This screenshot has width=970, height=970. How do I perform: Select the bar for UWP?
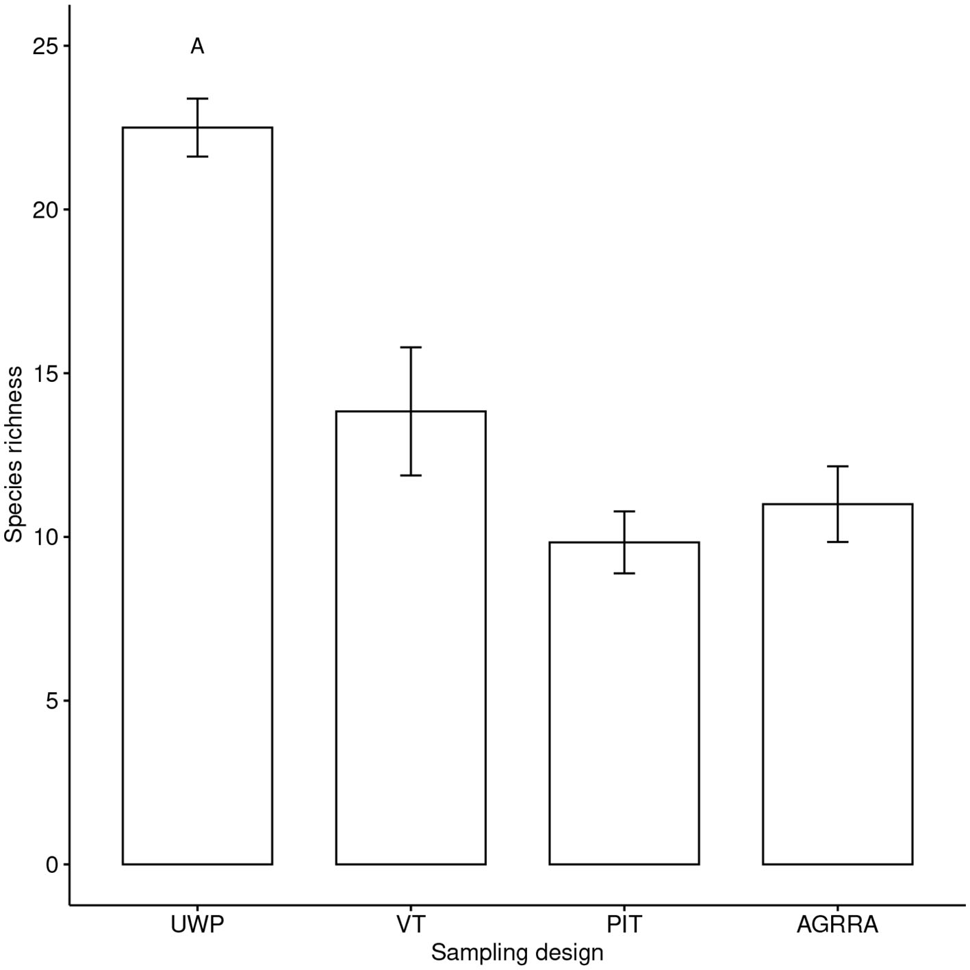[197, 496]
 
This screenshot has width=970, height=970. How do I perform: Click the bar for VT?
[411, 637]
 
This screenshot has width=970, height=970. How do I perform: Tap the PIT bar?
[624, 703]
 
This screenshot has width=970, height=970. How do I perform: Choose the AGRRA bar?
[837, 684]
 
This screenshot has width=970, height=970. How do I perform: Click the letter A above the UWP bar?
[197, 47]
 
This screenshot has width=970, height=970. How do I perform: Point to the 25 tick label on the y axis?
[45, 47]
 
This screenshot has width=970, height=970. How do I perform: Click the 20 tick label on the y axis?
[45, 210]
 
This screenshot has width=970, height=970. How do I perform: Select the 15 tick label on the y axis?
[45, 374]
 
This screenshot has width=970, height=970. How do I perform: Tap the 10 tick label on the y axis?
[45, 537]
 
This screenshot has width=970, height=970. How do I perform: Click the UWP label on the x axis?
[197, 925]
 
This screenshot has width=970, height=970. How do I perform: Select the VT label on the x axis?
[411, 925]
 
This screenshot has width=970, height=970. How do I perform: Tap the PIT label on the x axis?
[624, 925]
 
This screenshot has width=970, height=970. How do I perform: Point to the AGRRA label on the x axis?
[837, 925]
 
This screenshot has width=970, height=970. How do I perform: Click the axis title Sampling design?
[517, 952]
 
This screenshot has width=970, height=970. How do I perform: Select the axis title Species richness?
[14, 455]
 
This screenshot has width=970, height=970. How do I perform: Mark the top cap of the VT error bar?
[411, 348]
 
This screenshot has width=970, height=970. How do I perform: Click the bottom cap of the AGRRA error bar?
[837, 542]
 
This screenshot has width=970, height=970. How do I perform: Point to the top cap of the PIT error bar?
[624, 511]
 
